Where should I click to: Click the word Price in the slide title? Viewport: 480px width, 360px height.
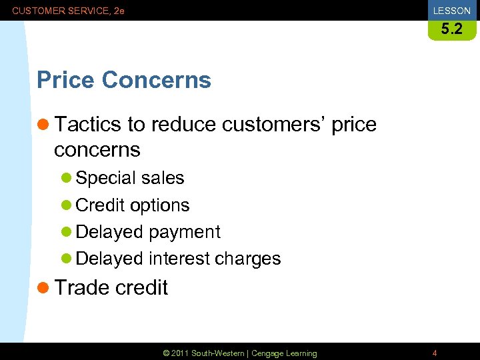click(66, 80)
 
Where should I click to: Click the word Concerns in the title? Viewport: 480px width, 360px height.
click(157, 80)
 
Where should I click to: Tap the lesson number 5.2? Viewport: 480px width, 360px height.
click(451, 29)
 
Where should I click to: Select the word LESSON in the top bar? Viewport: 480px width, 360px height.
click(451, 11)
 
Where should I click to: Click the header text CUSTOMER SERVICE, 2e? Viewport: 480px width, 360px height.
click(68, 11)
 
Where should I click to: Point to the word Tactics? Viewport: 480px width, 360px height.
click(88, 125)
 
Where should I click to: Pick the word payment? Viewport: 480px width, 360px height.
click(184, 232)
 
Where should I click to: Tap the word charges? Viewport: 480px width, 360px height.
click(247, 259)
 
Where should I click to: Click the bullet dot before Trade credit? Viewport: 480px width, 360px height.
click(44, 288)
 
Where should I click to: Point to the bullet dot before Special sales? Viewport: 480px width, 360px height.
click(66, 179)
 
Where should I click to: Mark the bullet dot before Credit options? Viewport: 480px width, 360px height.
click(66, 206)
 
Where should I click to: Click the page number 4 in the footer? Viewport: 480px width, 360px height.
click(435, 353)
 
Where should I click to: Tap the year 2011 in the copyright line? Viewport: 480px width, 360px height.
click(179, 353)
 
